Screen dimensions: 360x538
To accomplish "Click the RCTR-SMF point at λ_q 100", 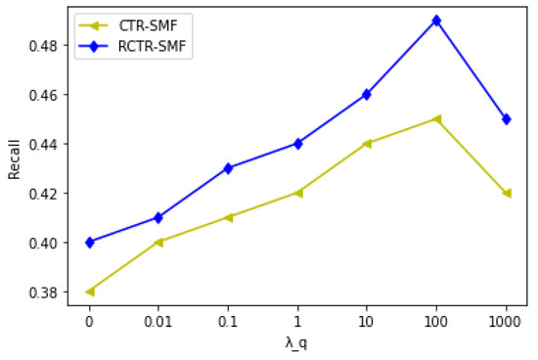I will coord(436,20).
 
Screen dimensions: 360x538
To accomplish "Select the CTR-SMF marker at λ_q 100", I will coord(436,118).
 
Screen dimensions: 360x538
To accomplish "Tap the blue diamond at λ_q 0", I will coord(90,242).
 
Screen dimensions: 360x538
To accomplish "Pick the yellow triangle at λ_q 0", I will coord(90,292).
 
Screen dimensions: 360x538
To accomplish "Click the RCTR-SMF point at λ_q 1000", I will coord(506,118).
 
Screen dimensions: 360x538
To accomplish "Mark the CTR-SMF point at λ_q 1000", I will coord(506,193).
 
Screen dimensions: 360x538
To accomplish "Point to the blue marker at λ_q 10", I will coord(367,94).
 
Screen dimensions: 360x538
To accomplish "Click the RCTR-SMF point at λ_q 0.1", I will coord(228,168).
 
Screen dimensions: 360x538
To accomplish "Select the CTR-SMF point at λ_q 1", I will coord(297,193).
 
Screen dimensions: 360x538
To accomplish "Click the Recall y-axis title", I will coord(14,157).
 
